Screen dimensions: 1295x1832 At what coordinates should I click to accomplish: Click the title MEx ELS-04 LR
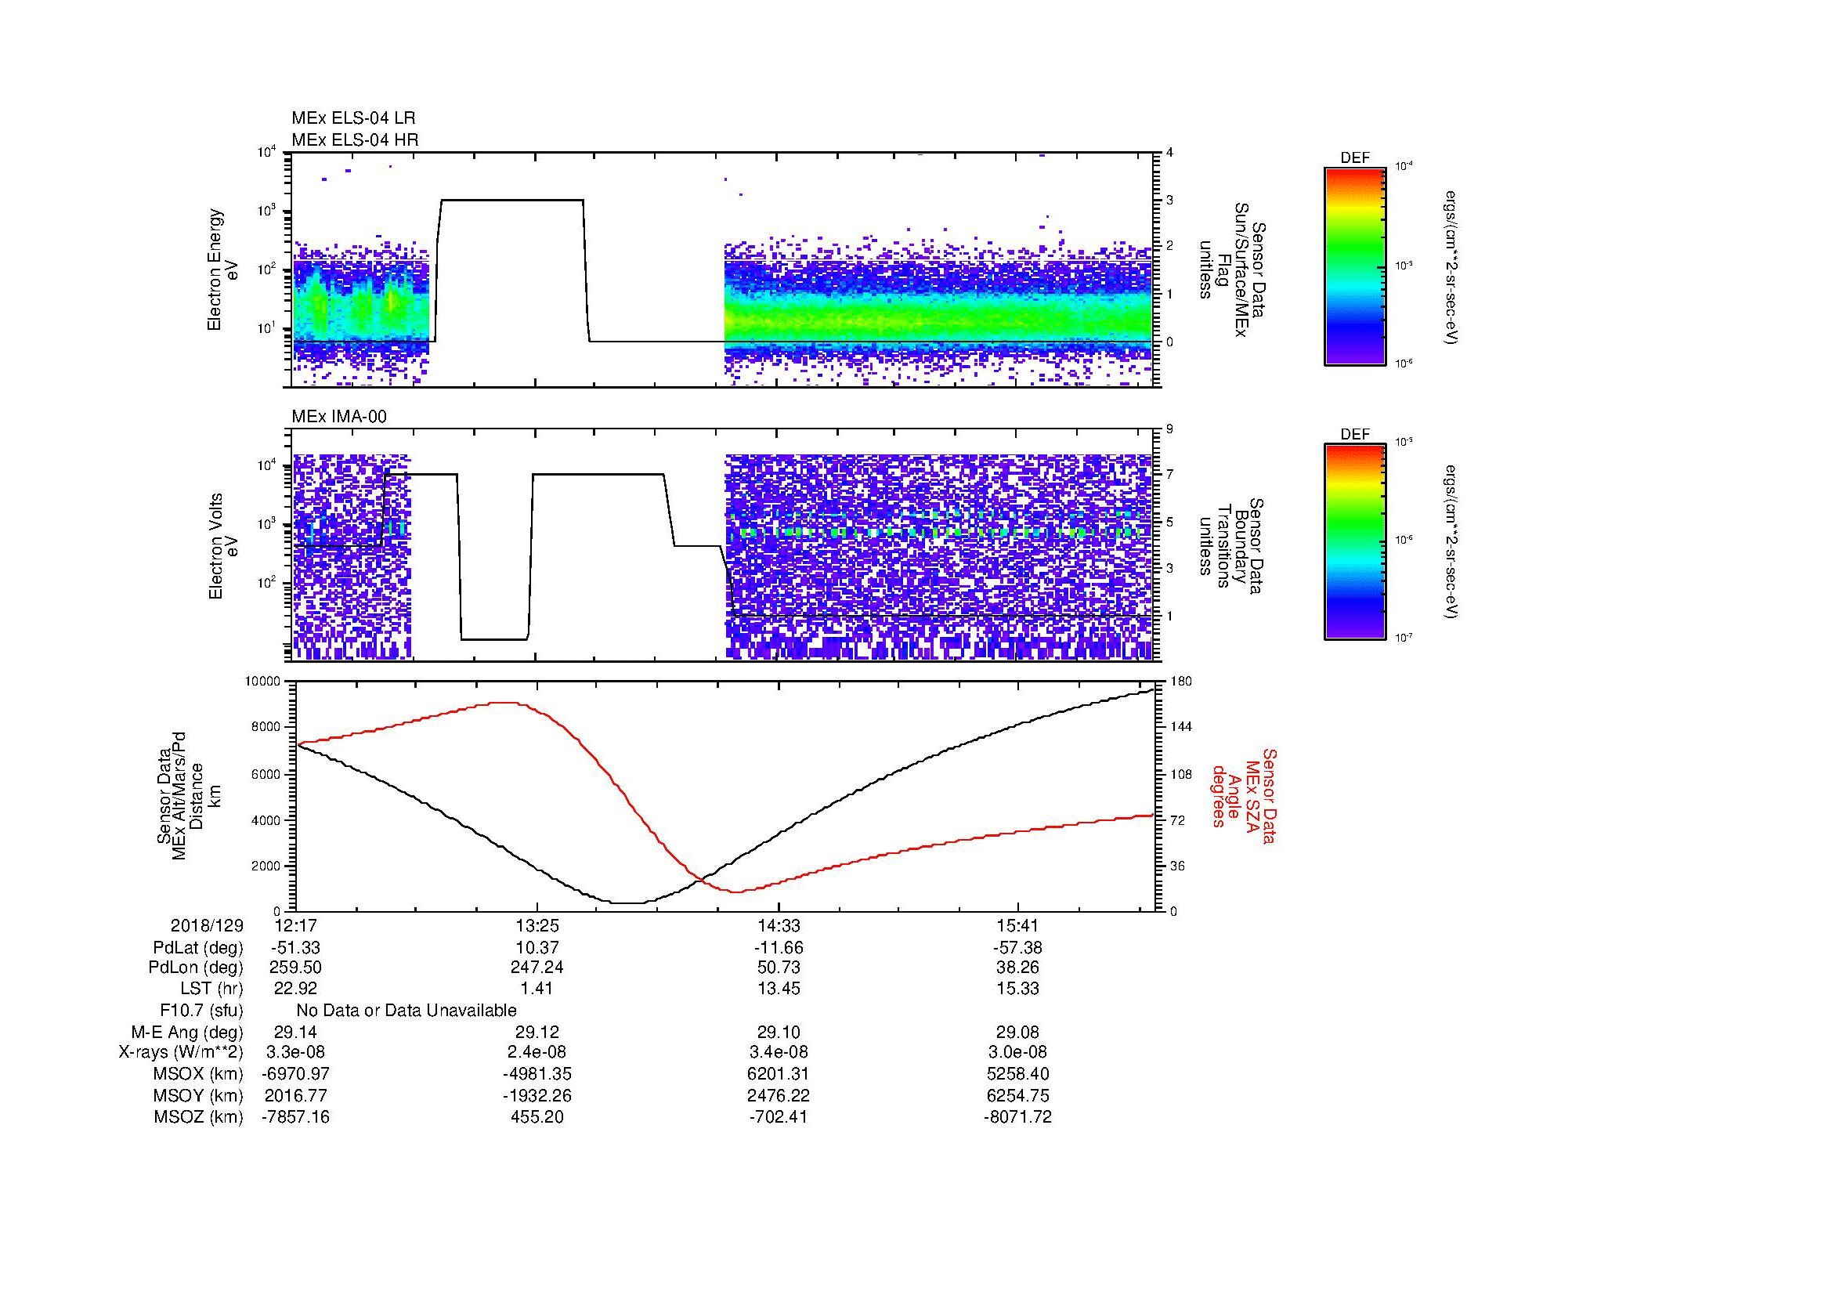[352, 118]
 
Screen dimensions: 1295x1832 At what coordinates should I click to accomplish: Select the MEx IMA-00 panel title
[339, 417]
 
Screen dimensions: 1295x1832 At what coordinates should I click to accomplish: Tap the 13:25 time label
[537, 926]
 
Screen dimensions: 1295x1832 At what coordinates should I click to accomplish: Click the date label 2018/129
[207, 926]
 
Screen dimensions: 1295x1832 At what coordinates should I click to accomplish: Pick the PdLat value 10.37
[537, 948]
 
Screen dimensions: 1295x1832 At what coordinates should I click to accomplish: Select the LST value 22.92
[296, 989]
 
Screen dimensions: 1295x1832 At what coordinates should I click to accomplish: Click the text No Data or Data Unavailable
[407, 1011]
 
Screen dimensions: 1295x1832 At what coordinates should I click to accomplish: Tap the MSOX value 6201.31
[778, 1074]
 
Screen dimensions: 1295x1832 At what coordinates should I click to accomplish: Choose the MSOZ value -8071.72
[1018, 1117]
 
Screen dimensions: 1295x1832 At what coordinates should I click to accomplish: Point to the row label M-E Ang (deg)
[186, 1032]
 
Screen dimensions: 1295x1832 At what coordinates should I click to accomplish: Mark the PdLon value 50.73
[778, 968]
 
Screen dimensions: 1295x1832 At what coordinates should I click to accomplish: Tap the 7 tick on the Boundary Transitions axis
[1169, 475]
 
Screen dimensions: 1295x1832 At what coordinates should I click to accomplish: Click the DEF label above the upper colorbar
[1355, 158]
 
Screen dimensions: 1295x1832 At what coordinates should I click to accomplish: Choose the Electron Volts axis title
[223, 546]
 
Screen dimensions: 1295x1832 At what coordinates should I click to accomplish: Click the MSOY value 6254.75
[1018, 1095]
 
